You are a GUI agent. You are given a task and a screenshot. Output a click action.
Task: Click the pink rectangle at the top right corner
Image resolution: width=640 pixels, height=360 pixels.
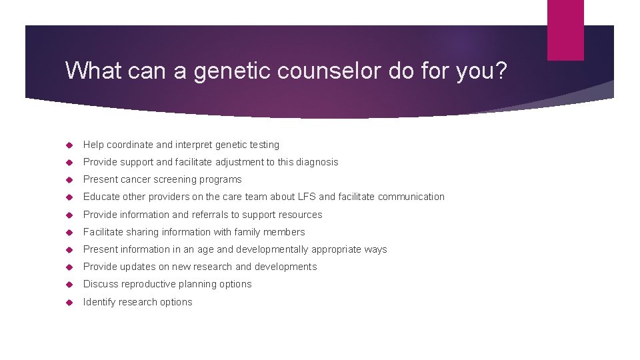tap(565, 30)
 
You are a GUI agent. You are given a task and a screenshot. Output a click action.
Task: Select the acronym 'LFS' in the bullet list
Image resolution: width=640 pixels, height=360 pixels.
tap(327, 197)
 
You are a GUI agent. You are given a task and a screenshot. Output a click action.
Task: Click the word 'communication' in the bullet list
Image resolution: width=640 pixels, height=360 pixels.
tap(411, 197)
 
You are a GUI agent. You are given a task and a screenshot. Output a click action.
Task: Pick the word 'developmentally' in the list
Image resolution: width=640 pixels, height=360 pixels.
tap(273, 249)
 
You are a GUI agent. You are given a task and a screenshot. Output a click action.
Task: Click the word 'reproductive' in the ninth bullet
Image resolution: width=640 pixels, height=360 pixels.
tap(149, 284)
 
